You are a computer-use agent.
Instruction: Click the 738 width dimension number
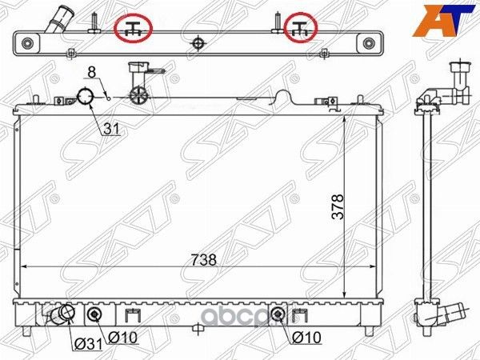203,260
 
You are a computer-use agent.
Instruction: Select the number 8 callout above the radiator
92,73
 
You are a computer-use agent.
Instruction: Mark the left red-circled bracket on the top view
134,28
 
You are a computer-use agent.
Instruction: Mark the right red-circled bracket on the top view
302,28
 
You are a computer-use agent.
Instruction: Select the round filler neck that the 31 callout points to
85,98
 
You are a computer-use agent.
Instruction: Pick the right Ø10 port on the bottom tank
277,313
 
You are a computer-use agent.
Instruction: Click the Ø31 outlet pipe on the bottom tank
60,317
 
